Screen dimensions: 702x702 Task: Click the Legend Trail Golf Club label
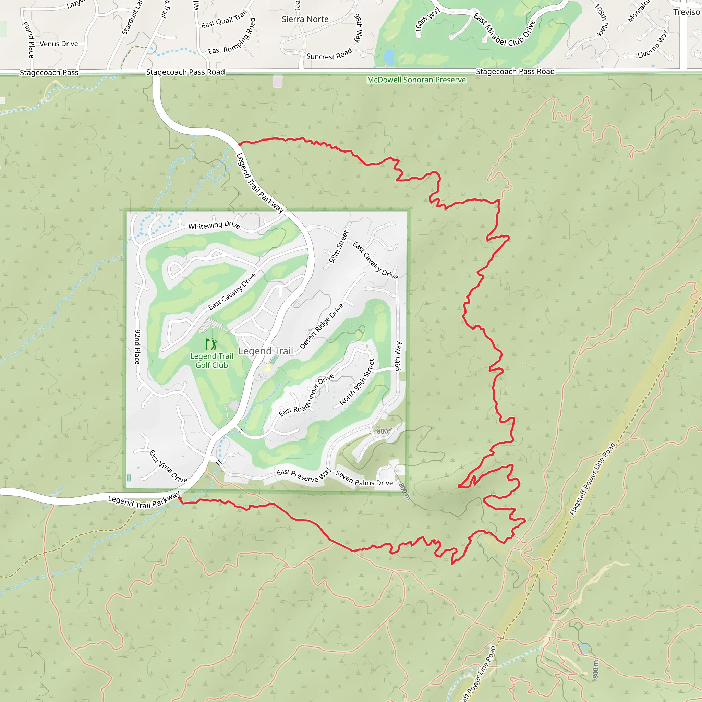click(211, 361)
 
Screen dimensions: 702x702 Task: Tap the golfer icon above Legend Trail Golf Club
click(211, 343)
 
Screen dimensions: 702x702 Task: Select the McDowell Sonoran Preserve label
click(416, 80)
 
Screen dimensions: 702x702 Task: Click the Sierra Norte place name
click(305, 19)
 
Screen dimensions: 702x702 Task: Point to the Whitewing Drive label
click(214, 225)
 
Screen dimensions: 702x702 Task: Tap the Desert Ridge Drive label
click(322, 326)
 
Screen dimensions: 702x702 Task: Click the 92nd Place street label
click(137, 347)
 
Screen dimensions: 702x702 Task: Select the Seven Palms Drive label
click(364, 478)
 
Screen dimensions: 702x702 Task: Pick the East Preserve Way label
click(303, 475)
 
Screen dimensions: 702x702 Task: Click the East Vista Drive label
click(168, 466)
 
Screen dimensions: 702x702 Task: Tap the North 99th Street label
click(357, 382)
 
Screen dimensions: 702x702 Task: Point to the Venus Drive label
click(59, 44)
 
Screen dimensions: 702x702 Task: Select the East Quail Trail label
click(224, 19)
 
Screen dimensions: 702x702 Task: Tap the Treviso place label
click(686, 12)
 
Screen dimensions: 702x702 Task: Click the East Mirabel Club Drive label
click(504, 31)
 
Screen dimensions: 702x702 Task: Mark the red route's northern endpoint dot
click(240, 144)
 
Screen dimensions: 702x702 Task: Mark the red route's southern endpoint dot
click(180, 498)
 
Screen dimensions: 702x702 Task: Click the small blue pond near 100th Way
click(389, 56)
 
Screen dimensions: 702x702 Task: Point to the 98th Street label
click(339, 246)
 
